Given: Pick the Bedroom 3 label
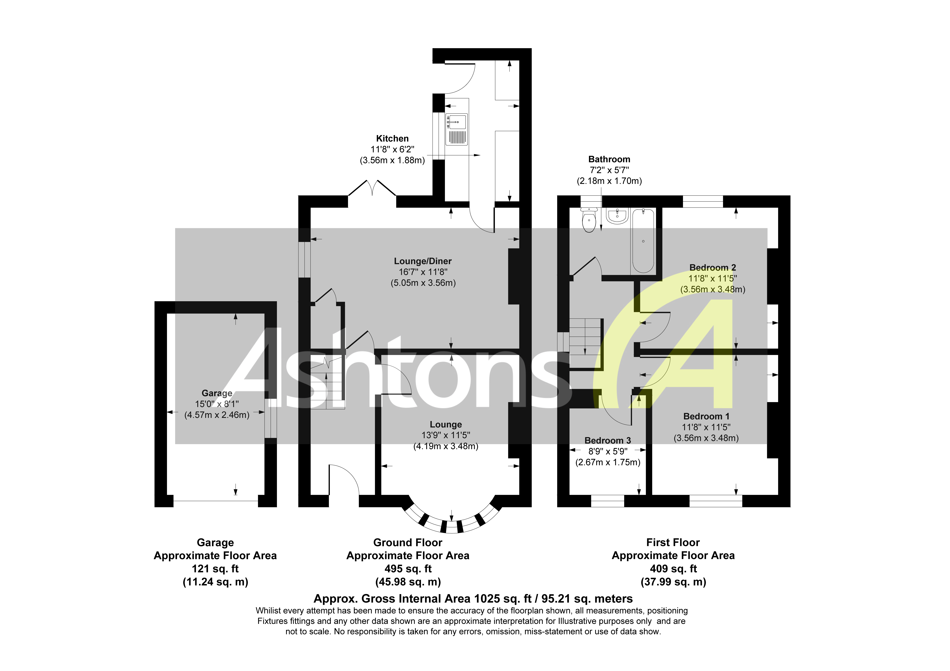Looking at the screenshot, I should coord(607,441).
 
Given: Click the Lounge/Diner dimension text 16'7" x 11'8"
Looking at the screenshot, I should coord(423,272).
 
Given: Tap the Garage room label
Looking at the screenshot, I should coord(217,393).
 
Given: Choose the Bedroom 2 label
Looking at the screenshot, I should coord(713,268).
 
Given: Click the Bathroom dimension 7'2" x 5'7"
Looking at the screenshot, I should coord(609,170).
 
